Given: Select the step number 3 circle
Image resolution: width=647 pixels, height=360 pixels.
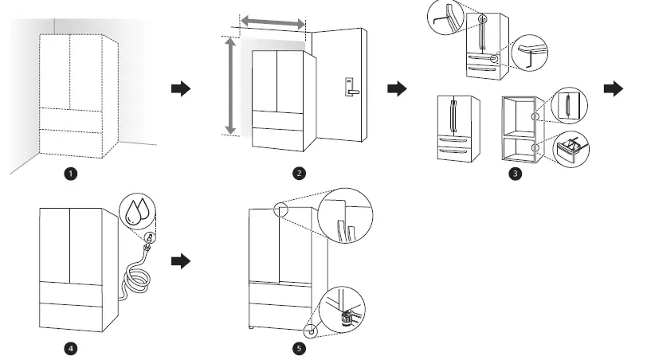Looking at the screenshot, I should point(516,174).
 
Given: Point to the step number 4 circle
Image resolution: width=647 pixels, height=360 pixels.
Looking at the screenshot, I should point(71,347).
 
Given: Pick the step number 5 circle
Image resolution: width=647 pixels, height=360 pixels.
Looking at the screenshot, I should point(299,347).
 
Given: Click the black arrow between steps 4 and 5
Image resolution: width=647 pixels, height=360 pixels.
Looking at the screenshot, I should point(182,260).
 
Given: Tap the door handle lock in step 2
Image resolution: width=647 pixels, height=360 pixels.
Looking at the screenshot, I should point(350,86).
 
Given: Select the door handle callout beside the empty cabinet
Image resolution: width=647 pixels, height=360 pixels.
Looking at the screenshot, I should point(569,104).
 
